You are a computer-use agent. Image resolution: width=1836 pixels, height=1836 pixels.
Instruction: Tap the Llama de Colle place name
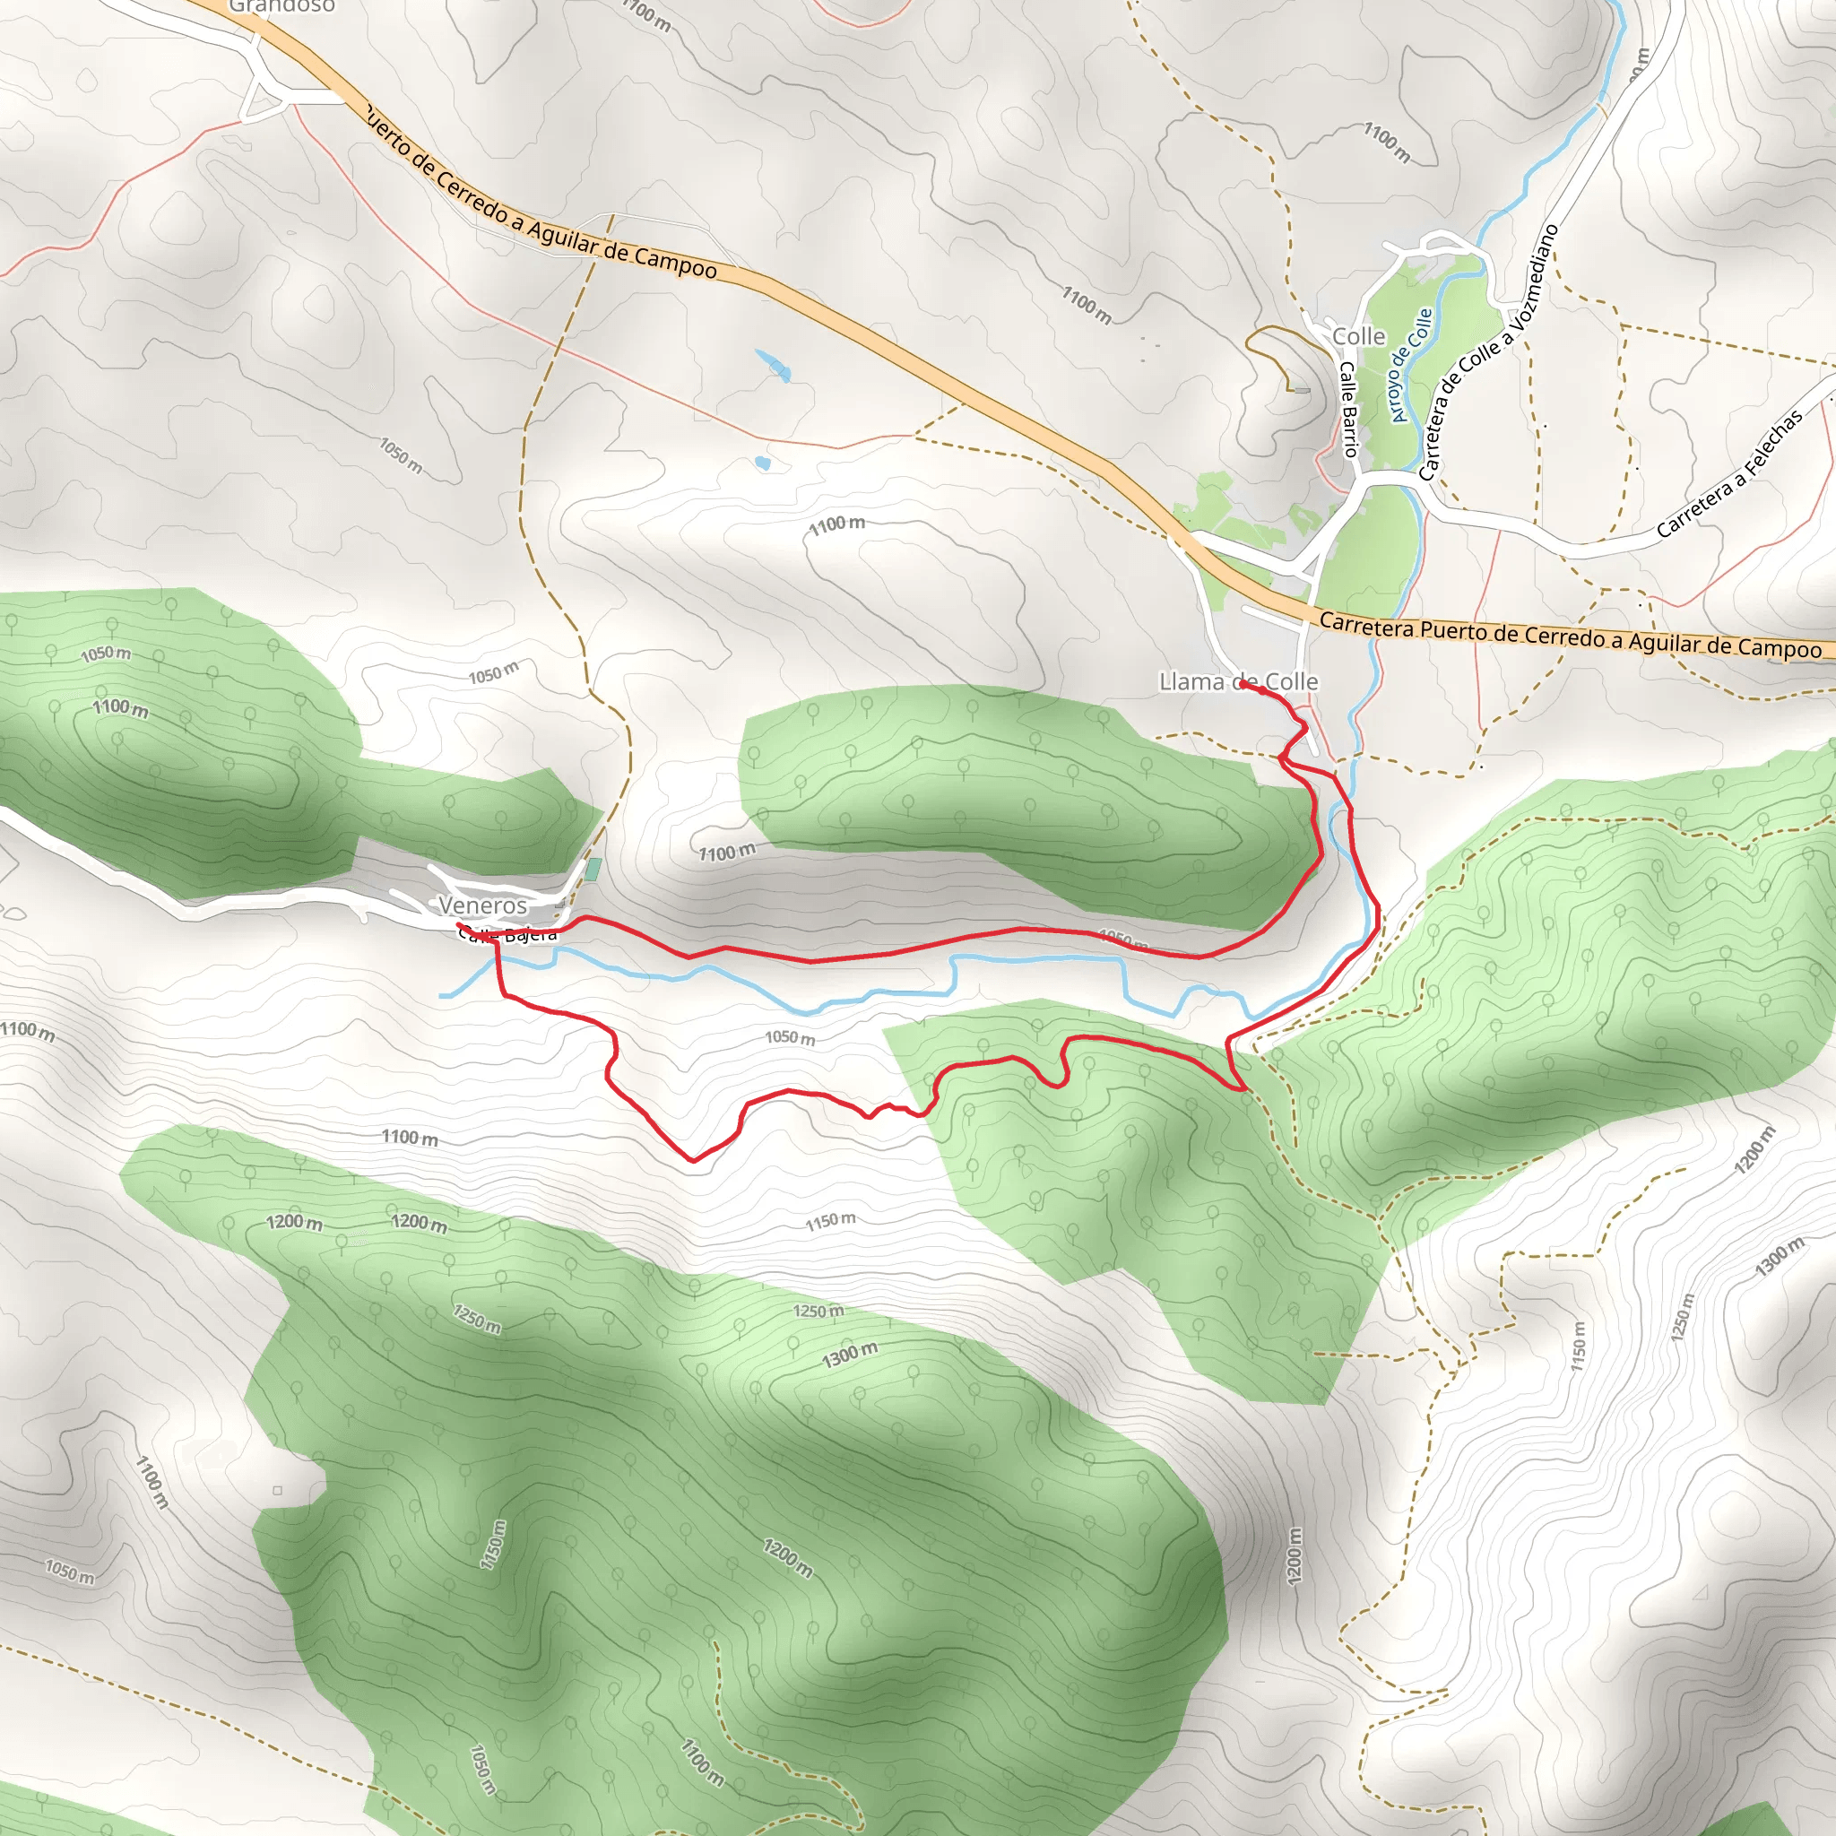click(x=1237, y=681)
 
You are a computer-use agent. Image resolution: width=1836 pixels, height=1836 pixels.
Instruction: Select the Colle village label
click(x=1358, y=336)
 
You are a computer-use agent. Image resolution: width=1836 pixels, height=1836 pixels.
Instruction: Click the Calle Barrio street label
click(x=1348, y=409)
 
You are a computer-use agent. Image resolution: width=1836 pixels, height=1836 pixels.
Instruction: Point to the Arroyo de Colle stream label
click(x=1410, y=365)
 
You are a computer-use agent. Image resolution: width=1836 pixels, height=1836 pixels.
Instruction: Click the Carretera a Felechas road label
click(x=1728, y=474)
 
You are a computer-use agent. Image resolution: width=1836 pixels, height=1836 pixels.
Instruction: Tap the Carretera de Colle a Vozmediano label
click(x=1487, y=351)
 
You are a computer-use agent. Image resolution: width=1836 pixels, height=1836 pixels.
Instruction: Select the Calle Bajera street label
click(x=508, y=936)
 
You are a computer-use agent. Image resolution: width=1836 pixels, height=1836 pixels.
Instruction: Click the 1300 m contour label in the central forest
click(x=850, y=1355)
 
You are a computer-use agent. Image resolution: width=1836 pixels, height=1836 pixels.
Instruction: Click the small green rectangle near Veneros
click(x=593, y=869)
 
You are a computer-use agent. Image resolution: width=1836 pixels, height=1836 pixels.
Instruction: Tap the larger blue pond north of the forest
click(x=774, y=365)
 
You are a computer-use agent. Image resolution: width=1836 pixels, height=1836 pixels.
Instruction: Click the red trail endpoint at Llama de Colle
click(x=1243, y=683)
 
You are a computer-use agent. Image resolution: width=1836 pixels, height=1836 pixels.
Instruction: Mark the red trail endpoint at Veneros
click(x=459, y=924)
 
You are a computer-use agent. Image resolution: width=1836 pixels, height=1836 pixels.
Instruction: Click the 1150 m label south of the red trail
click(x=830, y=1220)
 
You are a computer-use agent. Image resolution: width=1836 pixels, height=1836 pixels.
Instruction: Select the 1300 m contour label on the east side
click(x=1779, y=1256)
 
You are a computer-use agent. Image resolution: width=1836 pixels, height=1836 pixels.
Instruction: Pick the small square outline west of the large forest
click(x=278, y=1490)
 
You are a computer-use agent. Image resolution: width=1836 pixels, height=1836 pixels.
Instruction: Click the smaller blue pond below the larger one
click(x=761, y=463)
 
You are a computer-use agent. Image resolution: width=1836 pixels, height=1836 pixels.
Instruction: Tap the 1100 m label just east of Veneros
click(x=727, y=853)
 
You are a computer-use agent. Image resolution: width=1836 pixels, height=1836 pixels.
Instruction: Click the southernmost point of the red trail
click(x=693, y=1160)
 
